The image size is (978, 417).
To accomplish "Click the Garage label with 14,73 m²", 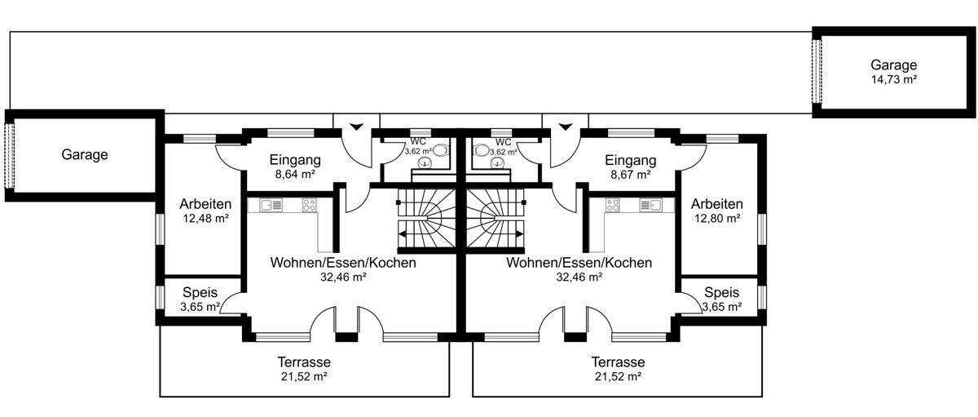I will point(893,72).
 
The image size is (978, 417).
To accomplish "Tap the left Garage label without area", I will point(85,154).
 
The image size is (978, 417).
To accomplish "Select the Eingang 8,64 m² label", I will point(295,166).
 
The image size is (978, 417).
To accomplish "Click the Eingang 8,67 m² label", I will point(632,166).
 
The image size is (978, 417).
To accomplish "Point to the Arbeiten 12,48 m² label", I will point(205,211).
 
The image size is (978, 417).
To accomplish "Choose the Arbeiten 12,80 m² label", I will point(717,211).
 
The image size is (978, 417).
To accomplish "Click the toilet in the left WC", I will point(440,150).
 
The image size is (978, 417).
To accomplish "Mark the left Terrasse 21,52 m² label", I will point(303,368).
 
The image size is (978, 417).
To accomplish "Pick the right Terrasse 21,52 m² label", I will point(618,368).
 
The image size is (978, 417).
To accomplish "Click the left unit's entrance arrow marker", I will point(355,127).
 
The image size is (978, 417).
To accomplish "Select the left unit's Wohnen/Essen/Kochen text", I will point(343,263).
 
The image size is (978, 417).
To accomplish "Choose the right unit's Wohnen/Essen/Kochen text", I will point(579,263).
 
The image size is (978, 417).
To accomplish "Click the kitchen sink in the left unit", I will point(272,206).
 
